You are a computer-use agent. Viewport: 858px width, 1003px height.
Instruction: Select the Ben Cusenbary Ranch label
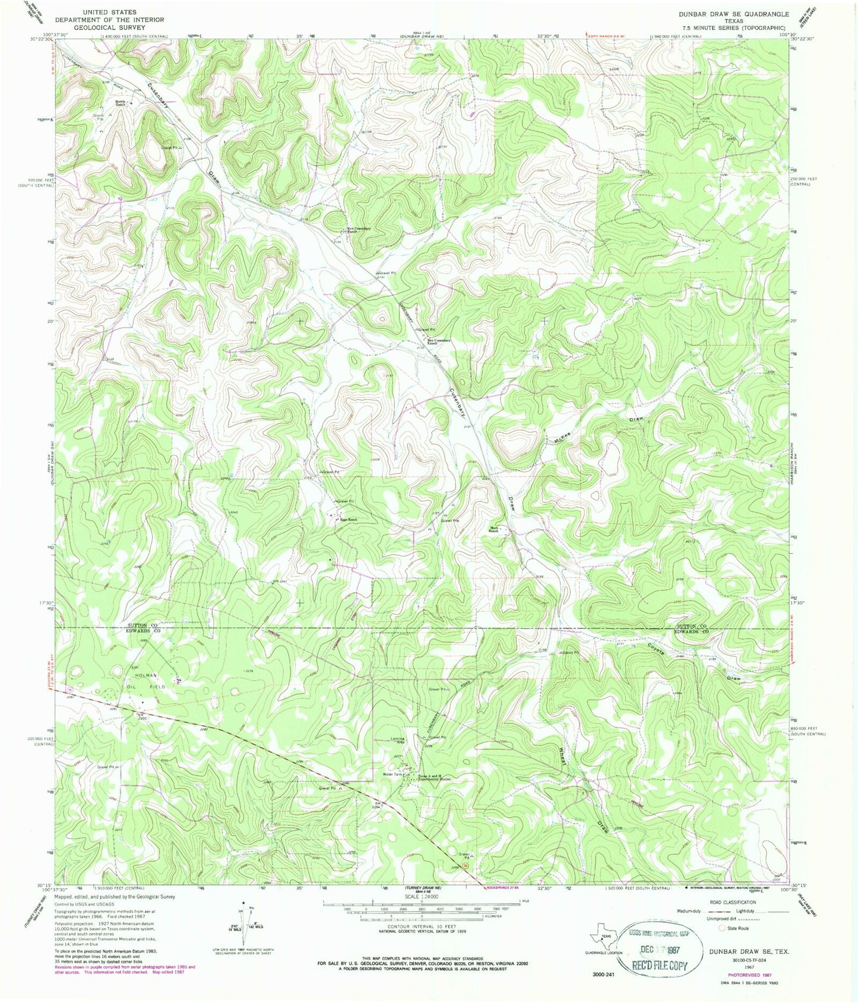click(x=440, y=342)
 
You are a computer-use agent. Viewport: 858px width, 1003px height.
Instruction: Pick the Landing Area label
click(x=397, y=740)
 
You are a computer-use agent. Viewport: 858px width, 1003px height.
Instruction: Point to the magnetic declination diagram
click(x=242, y=919)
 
